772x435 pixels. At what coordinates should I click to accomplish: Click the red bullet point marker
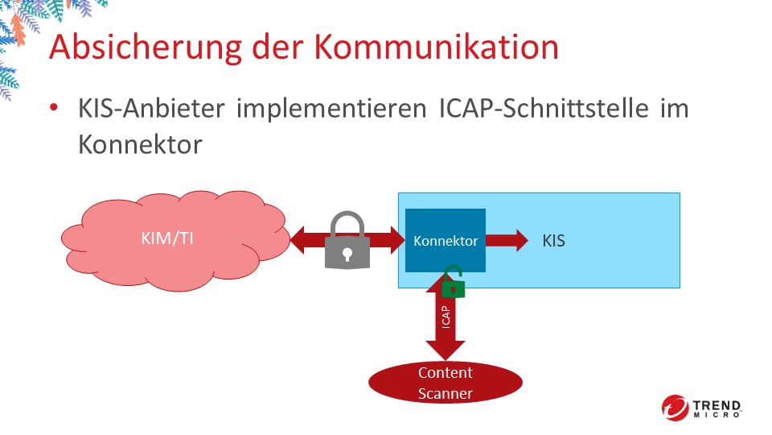pyautogui.click(x=54, y=109)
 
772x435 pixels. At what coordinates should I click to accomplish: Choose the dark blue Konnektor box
pyautogui.click(x=445, y=240)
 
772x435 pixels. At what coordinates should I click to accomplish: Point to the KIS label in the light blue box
pyautogui.click(x=554, y=240)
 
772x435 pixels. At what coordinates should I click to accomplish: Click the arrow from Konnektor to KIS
pyautogui.click(x=507, y=240)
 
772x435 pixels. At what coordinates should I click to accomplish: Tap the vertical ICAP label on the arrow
pyautogui.click(x=445, y=316)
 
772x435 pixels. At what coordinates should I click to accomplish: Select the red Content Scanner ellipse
pyautogui.click(x=445, y=383)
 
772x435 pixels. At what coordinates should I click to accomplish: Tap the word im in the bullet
pyautogui.click(x=674, y=110)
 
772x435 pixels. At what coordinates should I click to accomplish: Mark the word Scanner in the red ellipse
pyautogui.click(x=445, y=393)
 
